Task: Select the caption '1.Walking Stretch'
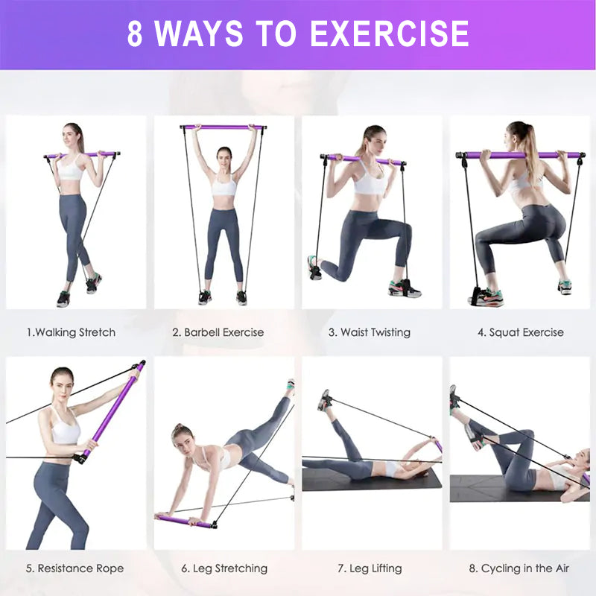pyautogui.click(x=71, y=332)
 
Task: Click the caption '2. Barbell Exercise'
pyautogui.click(x=218, y=332)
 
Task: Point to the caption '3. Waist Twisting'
pyautogui.click(x=370, y=332)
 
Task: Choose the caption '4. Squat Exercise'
pyautogui.click(x=521, y=332)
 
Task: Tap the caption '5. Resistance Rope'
pyautogui.click(x=75, y=568)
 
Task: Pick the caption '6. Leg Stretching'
pyautogui.click(x=224, y=568)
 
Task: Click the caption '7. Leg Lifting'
pyautogui.click(x=370, y=568)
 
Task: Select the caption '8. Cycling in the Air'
pyautogui.click(x=519, y=568)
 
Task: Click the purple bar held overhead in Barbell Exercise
pyautogui.click(x=223, y=127)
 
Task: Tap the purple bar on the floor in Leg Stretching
pyautogui.click(x=186, y=521)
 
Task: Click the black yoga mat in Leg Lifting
pyautogui.click(x=372, y=479)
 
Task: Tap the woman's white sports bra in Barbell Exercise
pyautogui.click(x=224, y=186)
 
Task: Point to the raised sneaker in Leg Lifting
pyautogui.click(x=325, y=400)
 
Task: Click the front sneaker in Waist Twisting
pyautogui.click(x=404, y=289)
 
